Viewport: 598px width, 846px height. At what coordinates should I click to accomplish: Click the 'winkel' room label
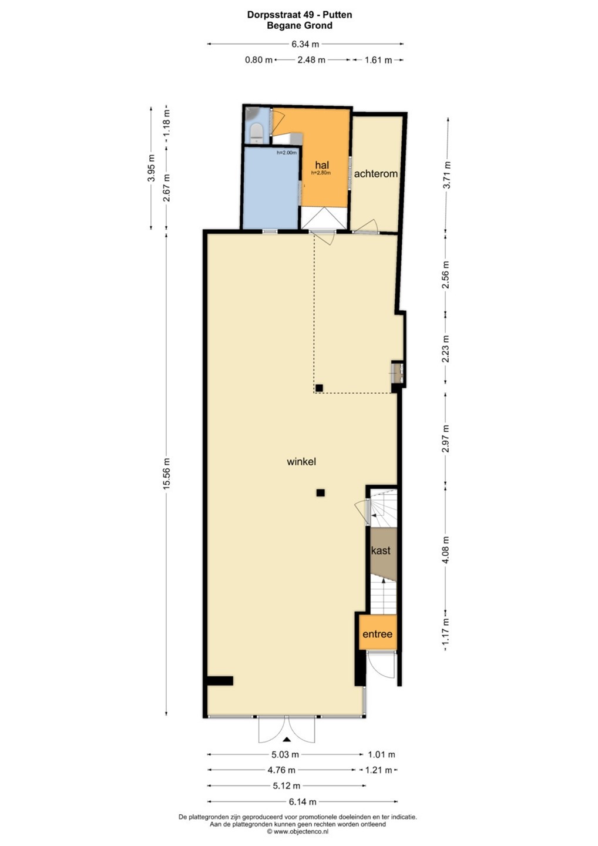pyautogui.click(x=301, y=462)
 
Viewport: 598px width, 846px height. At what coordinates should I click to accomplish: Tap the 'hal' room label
pyautogui.click(x=322, y=164)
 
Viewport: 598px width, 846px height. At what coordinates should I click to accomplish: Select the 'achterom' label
pyautogui.click(x=375, y=174)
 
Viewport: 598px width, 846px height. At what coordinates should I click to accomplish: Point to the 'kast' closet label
pyautogui.click(x=381, y=550)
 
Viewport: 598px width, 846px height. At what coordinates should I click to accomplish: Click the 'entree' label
pyautogui.click(x=378, y=634)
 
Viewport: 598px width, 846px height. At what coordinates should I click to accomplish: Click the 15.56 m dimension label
pyautogui.click(x=166, y=474)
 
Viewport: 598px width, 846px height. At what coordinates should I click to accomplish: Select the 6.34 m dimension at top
pyautogui.click(x=305, y=44)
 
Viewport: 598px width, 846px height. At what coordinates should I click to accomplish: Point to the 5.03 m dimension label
pyautogui.click(x=285, y=754)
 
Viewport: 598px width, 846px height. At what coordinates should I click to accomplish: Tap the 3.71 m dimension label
pyautogui.click(x=447, y=175)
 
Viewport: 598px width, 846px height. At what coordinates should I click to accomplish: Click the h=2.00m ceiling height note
pyautogui.click(x=287, y=153)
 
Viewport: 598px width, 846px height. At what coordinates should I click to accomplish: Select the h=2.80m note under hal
pyautogui.click(x=321, y=173)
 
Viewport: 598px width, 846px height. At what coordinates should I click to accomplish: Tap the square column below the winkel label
pyautogui.click(x=321, y=492)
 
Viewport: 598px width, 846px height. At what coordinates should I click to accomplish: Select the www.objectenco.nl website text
pyautogui.click(x=301, y=831)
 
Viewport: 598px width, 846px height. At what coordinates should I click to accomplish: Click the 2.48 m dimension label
pyautogui.click(x=311, y=60)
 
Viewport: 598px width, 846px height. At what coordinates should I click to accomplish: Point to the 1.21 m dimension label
pyautogui.click(x=378, y=770)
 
